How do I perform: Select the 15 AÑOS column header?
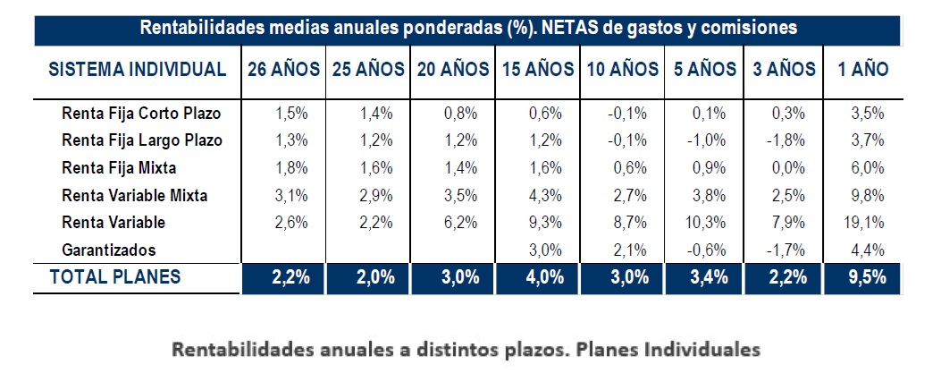pyautogui.click(x=534, y=69)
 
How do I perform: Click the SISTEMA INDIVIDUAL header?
pyautogui.click(x=137, y=69)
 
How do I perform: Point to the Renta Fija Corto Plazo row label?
pyautogui.click(x=141, y=114)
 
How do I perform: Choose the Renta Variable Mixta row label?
pyautogui.click(x=139, y=195)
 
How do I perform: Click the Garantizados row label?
pyautogui.click(x=109, y=250)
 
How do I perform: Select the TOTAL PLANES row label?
pyautogui.click(x=115, y=277)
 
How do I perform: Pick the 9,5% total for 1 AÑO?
pyautogui.click(x=863, y=277)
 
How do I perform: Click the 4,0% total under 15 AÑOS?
pyautogui.click(x=544, y=277)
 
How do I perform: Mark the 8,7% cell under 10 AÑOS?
pyautogui.click(x=626, y=223)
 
